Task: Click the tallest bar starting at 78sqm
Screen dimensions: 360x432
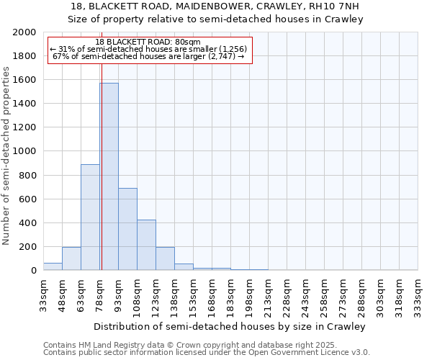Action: pos(109,176)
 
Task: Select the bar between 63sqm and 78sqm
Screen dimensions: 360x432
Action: pos(90,217)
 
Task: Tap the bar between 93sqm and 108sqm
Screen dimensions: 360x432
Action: pos(127,229)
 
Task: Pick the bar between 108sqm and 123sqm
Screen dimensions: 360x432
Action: pos(146,245)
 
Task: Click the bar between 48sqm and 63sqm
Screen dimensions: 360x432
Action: pos(71,258)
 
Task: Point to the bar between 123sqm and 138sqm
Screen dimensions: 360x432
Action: pos(165,258)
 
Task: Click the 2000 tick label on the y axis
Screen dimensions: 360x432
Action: pos(24,32)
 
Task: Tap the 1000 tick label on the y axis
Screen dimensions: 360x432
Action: pos(24,151)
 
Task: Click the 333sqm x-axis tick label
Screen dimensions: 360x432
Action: pos(418,294)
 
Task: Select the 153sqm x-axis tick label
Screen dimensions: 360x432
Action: pos(194,294)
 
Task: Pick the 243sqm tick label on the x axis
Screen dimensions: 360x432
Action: pos(306,294)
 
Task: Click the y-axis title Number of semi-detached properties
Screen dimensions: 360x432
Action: pos(7,156)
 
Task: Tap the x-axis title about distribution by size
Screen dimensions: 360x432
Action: pos(230,326)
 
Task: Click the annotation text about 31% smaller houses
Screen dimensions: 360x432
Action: pos(148,49)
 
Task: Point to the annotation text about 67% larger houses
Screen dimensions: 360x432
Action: pos(149,56)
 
